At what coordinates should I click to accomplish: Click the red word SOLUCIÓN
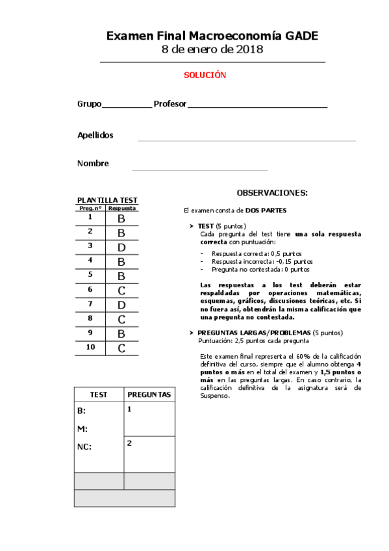(205, 75)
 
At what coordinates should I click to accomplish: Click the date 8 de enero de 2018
(212, 50)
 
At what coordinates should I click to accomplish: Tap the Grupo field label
(89, 104)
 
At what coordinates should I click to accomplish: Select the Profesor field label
(170, 104)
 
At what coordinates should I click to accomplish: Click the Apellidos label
(95, 135)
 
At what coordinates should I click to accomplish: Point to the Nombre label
(93, 164)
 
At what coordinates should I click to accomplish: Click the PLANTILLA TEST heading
(107, 200)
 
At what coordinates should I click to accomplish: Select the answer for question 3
(121, 248)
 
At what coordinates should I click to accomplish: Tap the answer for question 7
(121, 305)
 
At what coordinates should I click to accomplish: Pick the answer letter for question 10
(121, 348)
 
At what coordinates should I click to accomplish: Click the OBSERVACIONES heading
(272, 193)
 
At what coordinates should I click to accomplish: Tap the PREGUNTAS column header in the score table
(149, 394)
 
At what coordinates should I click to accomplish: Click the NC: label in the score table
(84, 447)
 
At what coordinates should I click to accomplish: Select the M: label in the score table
(82, 429)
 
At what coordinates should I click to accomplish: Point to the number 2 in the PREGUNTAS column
(130, 443)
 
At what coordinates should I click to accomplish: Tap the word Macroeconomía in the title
(244, 36)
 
